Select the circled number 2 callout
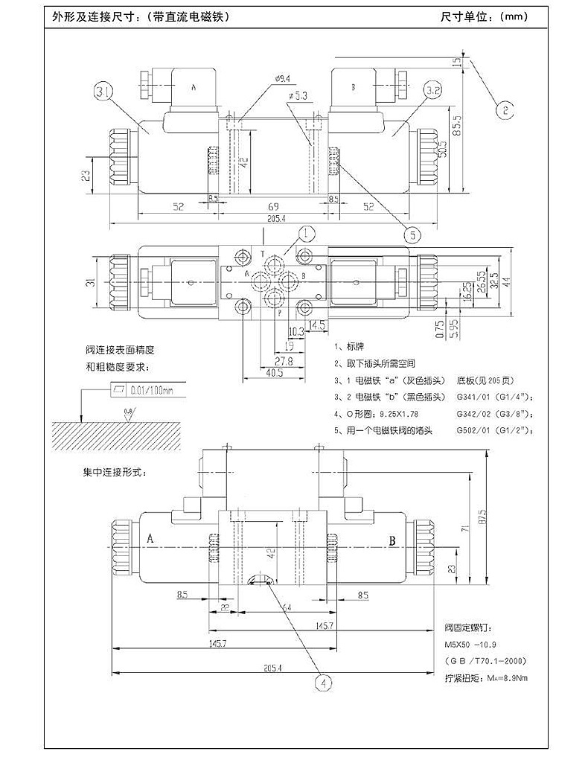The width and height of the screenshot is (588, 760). [x=505, y=110]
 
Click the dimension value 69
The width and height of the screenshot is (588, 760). [x=273, y=208]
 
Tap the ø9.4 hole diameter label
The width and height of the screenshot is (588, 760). [x=282, y=77]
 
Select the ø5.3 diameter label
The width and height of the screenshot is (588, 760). [x=298, y=96]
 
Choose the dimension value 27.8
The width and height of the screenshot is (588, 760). [x=285, y=361]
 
